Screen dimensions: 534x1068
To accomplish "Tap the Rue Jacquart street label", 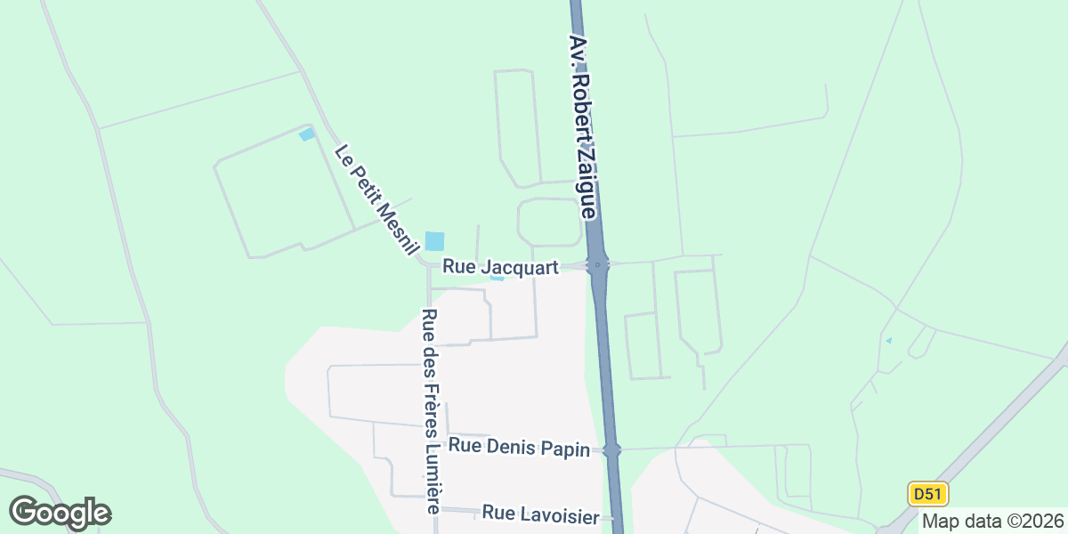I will point(500,267).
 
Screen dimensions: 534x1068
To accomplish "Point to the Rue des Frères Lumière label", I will point(432,411).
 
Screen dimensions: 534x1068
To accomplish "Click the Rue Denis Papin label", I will point(519,448).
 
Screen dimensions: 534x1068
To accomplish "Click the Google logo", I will point(60,513).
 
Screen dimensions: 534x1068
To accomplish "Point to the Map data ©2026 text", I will point(991,521).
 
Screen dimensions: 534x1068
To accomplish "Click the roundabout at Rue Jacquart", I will point(598,263).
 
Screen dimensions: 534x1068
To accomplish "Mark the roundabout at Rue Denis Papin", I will point(611,450).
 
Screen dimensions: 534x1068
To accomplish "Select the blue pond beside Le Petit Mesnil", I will point(434,241).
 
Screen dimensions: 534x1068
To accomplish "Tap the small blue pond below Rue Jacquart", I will point(498,279).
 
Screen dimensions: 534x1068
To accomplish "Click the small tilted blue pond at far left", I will point(307,134).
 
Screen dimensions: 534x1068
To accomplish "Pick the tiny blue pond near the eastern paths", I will point(888,340).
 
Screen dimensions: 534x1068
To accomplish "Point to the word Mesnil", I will point(396,229).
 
